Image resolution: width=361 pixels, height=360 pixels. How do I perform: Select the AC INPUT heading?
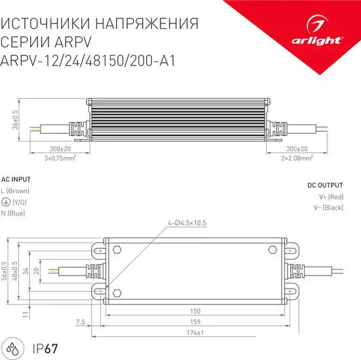coord(16,179)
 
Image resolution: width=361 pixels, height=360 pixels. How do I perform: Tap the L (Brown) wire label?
coord(15,190)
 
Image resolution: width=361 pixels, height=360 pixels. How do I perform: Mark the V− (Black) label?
coord(328,207)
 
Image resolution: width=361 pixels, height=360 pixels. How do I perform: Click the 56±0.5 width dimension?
coord(6,270)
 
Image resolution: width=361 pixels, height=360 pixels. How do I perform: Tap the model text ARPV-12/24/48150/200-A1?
coord(91,60)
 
